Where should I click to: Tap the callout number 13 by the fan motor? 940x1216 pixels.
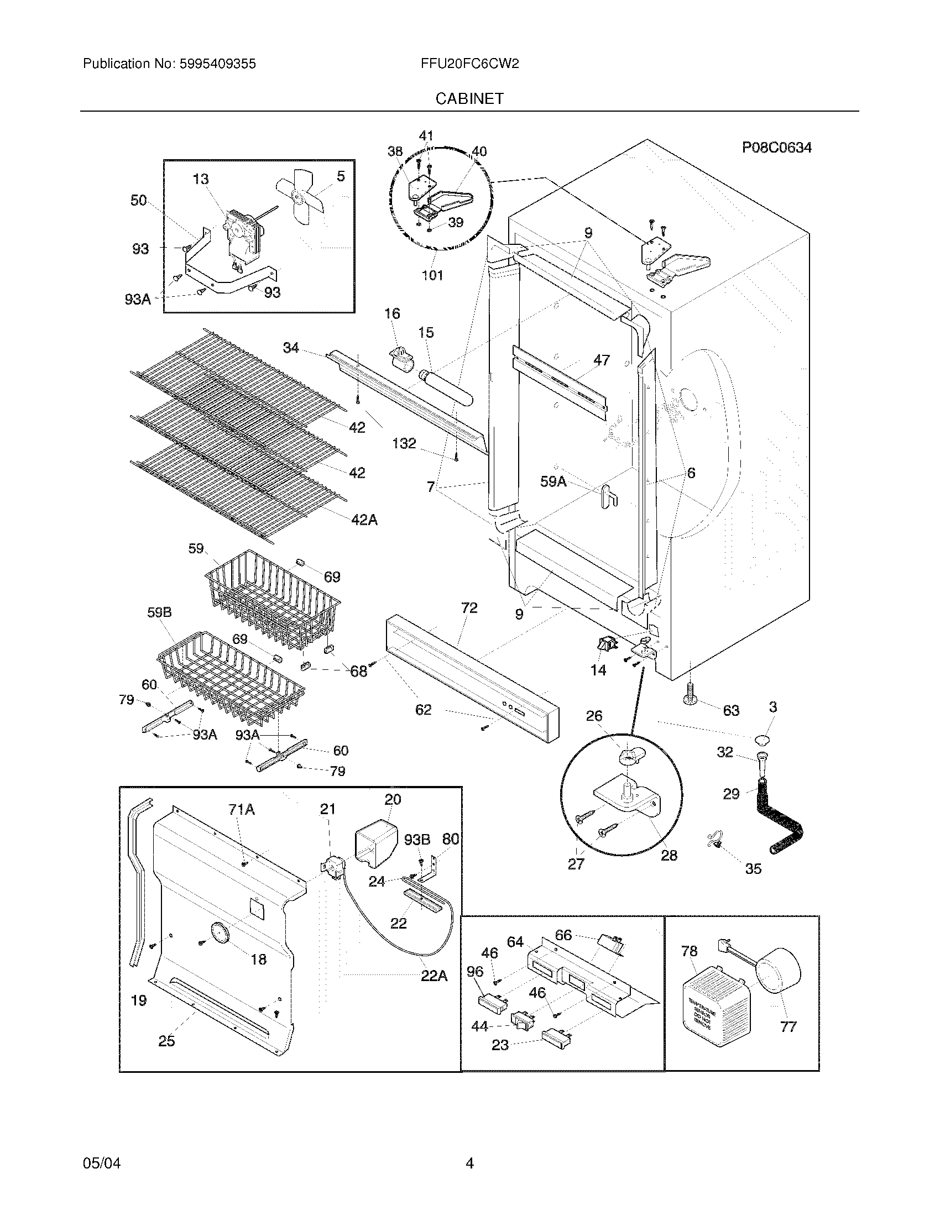click(x=201, y=179)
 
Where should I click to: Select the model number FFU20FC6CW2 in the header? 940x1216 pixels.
click(x=470, y=64)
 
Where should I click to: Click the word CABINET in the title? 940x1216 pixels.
click(x=469, y=99)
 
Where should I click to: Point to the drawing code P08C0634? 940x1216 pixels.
click(x=776, y=148)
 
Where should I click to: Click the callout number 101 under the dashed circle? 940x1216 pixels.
click(x=433, y=275)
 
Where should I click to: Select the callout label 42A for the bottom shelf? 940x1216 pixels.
click(x=364, y=520)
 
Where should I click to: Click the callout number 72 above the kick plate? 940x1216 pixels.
click(x=469, y=608)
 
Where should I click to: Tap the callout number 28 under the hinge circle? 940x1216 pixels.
click(x=669, y=856)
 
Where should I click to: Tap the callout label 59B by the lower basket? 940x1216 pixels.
click(x=159, y=612)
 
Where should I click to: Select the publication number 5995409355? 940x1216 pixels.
click(x=217, y=64)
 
